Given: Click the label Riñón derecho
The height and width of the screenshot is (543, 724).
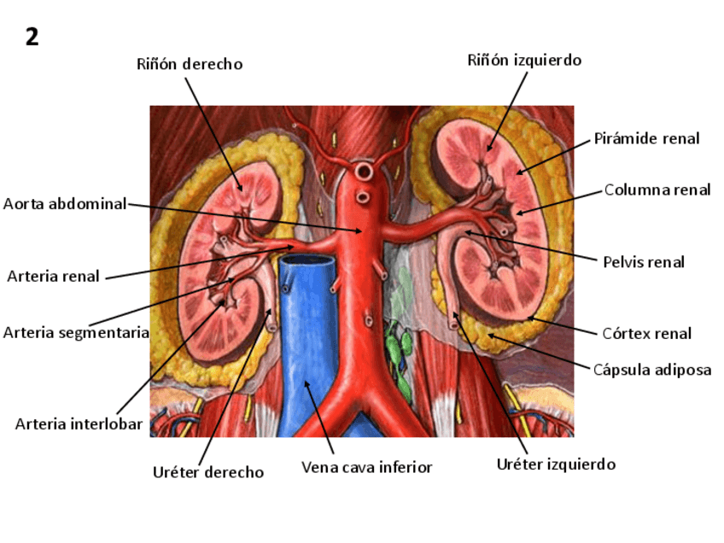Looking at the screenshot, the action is coord(190,64).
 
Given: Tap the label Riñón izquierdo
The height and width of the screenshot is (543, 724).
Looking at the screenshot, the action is coord(524,60).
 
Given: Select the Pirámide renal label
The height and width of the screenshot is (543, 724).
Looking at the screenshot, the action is coord(646,138).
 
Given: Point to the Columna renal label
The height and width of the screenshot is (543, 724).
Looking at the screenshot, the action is coord(657,190).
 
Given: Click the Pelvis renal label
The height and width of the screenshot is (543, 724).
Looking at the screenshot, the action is coord(644,262).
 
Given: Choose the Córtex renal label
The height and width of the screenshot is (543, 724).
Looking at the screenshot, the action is coord(647,334).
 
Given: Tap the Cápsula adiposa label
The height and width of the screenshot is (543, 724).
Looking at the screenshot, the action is coord(652,370).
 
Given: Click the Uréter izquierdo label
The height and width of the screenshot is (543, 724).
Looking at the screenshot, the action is coord(556,464).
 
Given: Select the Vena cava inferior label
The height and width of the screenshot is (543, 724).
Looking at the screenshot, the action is coord(367,468).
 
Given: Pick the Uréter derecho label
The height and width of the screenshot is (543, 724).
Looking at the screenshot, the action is coord(208,472).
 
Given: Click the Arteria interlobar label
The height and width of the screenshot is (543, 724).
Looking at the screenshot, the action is coord(79,424).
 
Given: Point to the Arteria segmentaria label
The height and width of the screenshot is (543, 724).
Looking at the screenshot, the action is coord(76,332).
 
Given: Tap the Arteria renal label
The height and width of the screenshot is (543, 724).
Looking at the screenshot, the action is coord(53,276).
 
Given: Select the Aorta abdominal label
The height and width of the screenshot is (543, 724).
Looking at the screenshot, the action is coord(65,203).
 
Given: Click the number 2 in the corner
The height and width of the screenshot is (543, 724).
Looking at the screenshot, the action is coord(32,37).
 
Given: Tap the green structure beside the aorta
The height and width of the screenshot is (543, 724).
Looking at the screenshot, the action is coord(395,347).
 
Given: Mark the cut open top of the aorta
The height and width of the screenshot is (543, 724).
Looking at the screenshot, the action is coord(364,172).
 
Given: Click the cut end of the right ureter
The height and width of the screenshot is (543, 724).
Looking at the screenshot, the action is coord(271,326).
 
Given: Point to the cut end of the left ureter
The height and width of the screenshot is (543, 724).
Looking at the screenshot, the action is coord(453,321).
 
